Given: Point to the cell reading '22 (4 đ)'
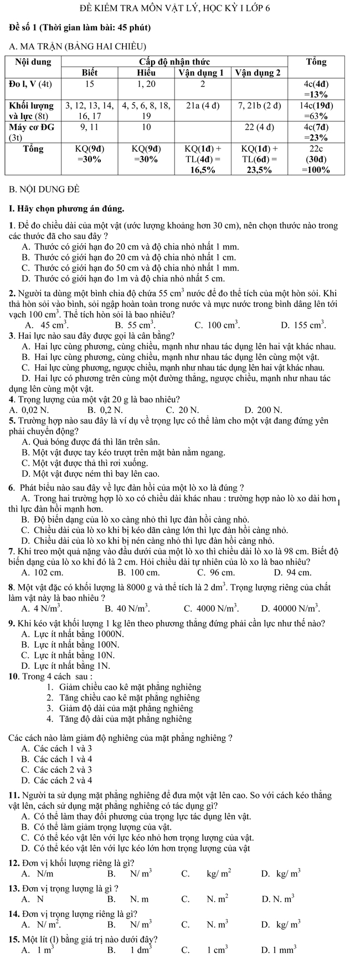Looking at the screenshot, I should (x=259, y=127).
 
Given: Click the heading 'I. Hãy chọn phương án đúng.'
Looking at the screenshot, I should (x=66, y=209).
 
